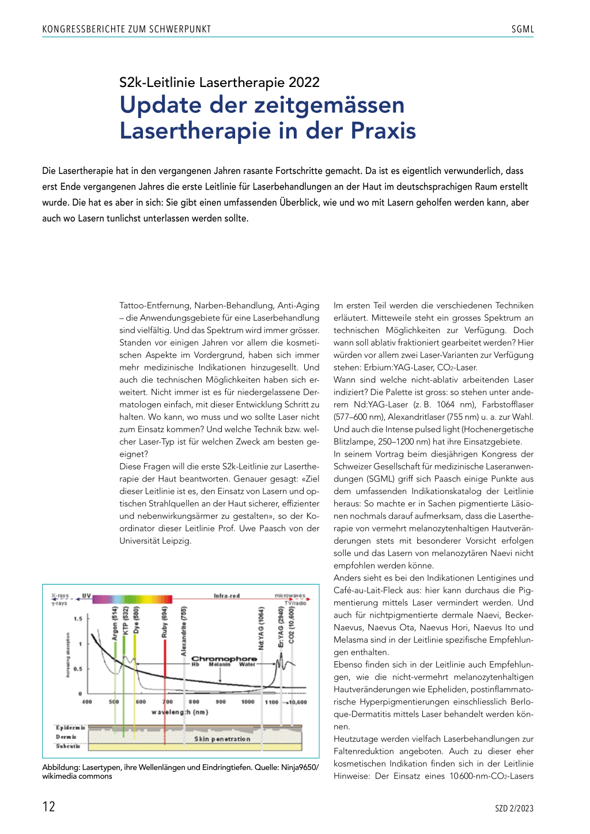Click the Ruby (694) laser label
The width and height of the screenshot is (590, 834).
click(x=164, y=622)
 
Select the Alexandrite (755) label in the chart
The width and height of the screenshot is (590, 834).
click(x=184, y=631)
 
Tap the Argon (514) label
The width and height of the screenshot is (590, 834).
click(x=115, y=623)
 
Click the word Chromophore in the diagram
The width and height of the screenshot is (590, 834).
click(x=224, y=658)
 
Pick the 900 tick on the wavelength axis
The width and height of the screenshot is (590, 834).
click(x=221, y=702)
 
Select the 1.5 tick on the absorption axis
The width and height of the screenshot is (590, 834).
click(x=78, y=619)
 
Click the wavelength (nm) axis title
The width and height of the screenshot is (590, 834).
click(x=180, y=712)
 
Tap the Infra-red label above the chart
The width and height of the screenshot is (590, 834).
click(x=226, y=596)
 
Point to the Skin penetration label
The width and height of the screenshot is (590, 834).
click(x=222, y=739)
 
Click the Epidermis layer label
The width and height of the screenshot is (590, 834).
click(x=70, y=727)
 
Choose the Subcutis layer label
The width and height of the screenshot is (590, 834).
click(x=68, y=746)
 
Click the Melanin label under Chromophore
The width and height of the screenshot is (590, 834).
click(x=220, y=665)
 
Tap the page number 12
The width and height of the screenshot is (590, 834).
click(x=49, y=806)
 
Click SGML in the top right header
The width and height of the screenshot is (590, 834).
click(x=523, y=29)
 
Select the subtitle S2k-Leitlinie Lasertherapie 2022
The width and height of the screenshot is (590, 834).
click(x=219, y=82)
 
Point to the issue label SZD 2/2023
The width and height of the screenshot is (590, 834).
click(x=514, y=809)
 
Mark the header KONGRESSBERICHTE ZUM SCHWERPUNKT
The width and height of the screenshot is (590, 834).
click(x=127, y=29)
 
